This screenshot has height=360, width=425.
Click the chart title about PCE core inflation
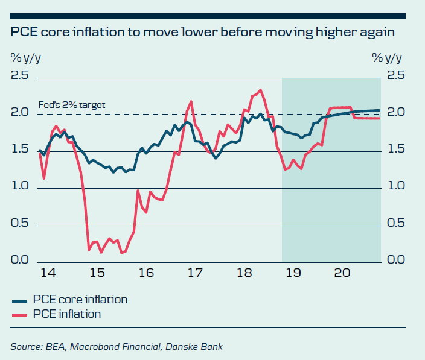[x=202, y=32]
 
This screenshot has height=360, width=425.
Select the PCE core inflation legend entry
[x=79, y=300]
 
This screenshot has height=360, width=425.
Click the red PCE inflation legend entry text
[x=66, y=314]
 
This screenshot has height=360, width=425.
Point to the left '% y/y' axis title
[x=25, y=58]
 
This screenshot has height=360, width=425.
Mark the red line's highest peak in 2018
[x=260, y=90]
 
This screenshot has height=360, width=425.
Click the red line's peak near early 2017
[x=191, y=101]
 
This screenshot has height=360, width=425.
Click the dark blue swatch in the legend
[x=19, y=300]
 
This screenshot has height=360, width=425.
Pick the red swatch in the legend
[x=19, y=314]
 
